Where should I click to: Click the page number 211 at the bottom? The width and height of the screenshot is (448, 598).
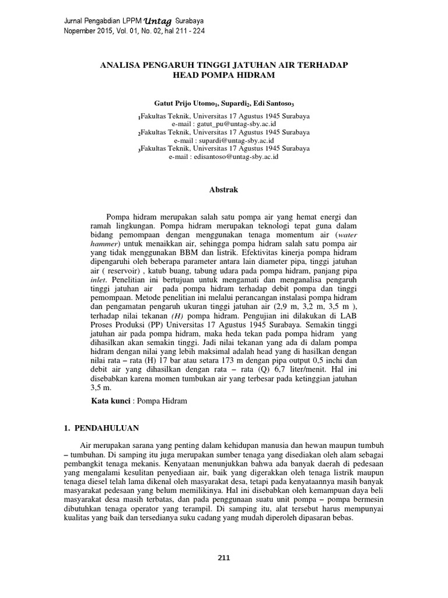point(224,557)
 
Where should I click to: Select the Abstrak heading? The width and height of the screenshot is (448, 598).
point(224,190)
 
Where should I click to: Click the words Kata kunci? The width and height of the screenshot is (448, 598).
point(111,401)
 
